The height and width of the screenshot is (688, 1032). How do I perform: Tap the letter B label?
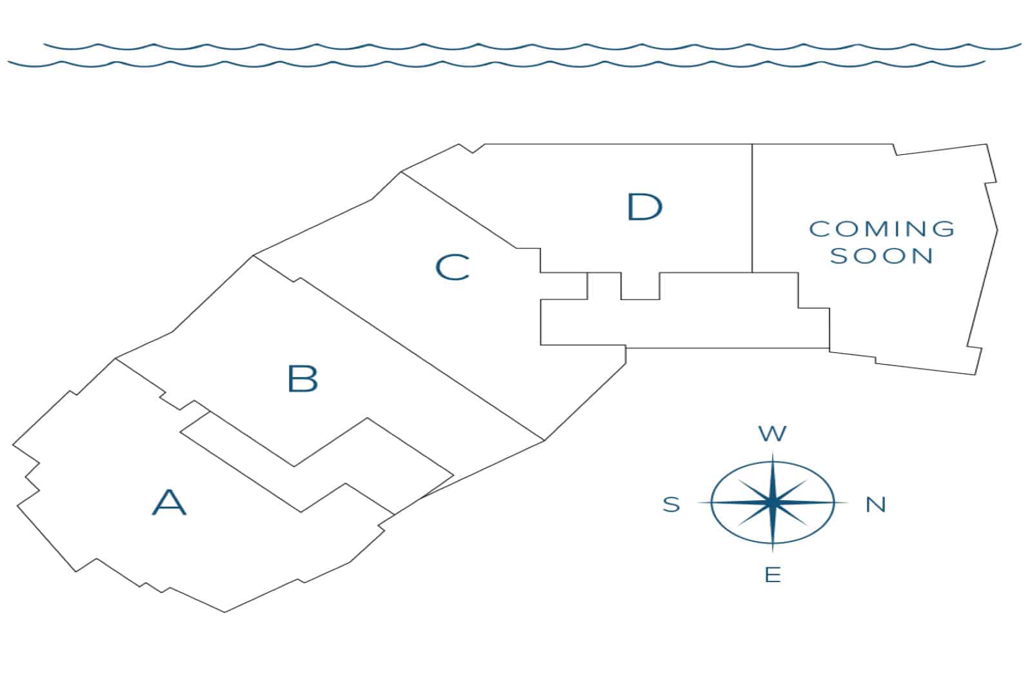(x=303, y=379)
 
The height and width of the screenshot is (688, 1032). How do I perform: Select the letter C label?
(x=452, y=267)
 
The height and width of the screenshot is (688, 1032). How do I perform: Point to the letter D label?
(x=644, y=207)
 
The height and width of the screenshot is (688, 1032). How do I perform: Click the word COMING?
(x=882, y=228)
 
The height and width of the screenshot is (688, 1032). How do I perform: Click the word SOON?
(x=882, y=256)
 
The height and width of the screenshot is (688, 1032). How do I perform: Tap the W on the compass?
(x=773, y=433)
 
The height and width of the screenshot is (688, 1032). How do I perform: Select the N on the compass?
(x=875, y=504)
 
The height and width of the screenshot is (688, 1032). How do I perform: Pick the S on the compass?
(x=671, y=504)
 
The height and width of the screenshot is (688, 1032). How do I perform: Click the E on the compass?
(x=773, y=574)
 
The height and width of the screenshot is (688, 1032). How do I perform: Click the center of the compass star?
(x=773, y=502)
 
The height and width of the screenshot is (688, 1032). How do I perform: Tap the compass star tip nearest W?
(x=773, y=454)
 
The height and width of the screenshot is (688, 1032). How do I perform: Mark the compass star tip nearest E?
(x=773, y=551)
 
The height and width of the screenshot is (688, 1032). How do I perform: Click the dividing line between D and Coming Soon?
(x=752, y=207)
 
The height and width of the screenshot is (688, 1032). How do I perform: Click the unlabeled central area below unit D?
(x=684, y=319)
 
